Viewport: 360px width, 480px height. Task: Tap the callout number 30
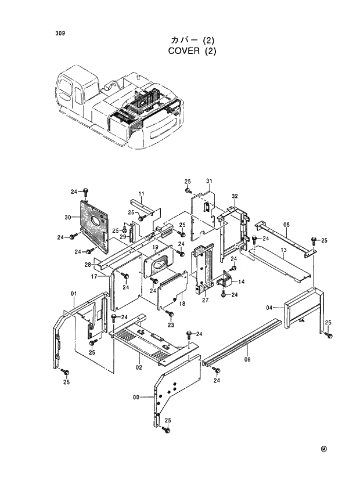click(68, 217)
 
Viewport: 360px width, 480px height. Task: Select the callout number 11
click(141, 193)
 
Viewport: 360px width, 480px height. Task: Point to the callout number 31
click(210, 181)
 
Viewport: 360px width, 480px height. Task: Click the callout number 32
click(235, 196)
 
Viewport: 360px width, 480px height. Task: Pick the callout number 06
click(286, 225)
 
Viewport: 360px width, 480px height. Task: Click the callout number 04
click(269, 307)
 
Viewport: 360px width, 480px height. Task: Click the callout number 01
click(74, 294)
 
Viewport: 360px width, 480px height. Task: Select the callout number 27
click(204, 300)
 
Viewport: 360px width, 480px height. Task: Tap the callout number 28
click(88, 265)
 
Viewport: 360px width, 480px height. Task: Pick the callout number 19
click(155, 247)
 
